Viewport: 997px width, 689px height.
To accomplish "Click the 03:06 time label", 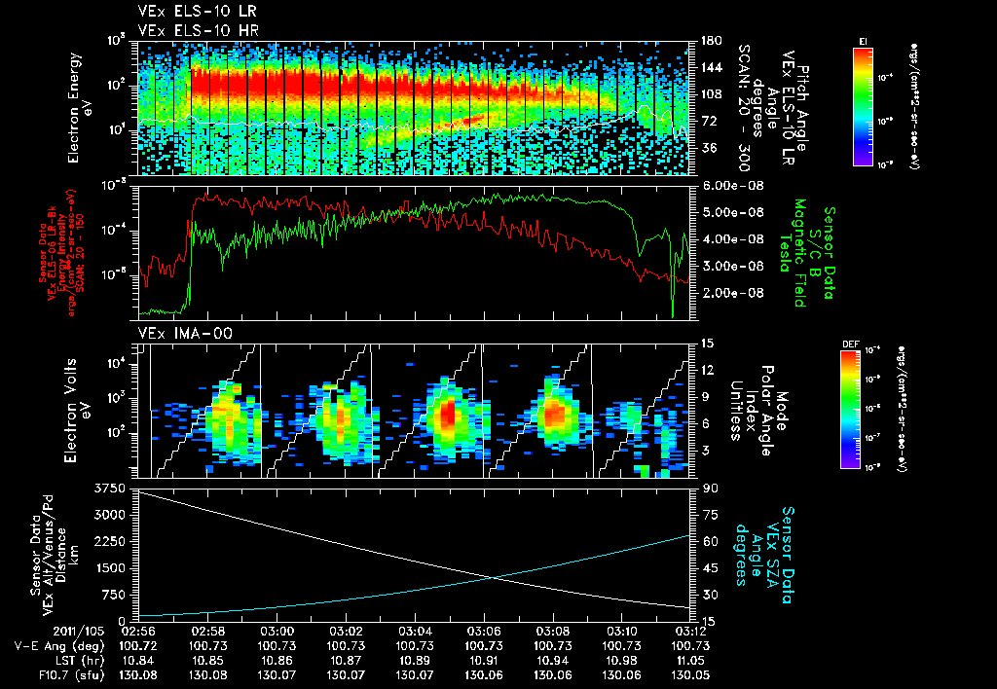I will click(484, 631).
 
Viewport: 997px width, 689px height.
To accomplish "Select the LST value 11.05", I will click(690, 659).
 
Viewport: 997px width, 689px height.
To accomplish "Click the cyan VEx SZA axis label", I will click(773, 548).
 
